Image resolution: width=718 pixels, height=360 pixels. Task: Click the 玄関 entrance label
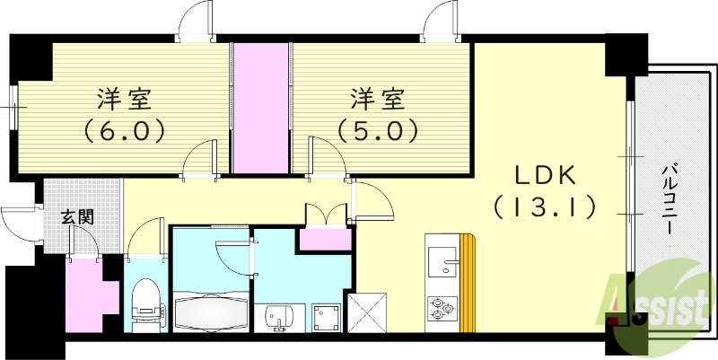[77, 216]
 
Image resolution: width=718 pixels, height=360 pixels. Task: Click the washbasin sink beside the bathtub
[278, 315]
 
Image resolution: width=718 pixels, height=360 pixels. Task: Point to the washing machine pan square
[325, 316]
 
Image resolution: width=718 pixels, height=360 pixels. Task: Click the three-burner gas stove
[442, 307]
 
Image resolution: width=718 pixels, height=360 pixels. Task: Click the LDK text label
[544, 174]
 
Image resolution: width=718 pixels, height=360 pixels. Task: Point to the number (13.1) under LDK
[544, 209]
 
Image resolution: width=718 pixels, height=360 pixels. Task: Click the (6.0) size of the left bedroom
[125, 131]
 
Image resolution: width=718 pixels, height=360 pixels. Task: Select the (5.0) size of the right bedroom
[378, 131]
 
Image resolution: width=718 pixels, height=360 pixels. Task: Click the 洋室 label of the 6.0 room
[125, 97]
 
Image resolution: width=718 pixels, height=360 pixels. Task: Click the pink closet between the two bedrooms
[261, 108]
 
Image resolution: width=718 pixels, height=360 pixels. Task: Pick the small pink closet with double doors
[325, 240]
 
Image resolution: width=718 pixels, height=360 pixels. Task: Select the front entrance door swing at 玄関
[20, 224]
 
